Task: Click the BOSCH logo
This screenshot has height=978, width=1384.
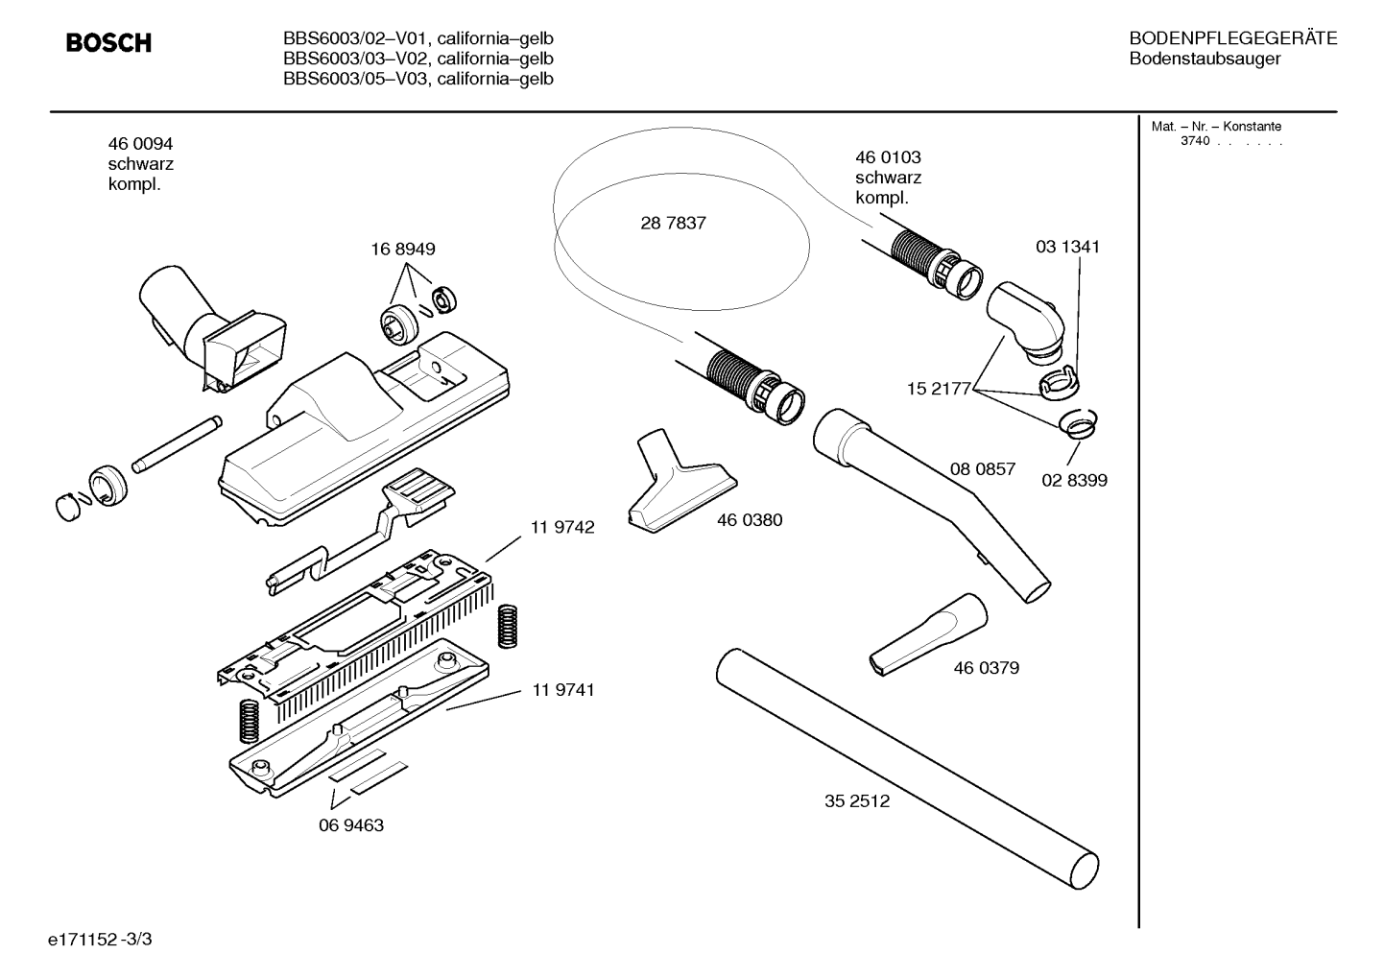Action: click(x=108, y=42)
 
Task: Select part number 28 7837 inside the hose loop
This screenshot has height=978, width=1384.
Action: click(x=673, y=223)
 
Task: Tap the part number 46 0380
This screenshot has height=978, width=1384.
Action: click(x=750, y=520)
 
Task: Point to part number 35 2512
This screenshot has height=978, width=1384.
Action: click(x=857, y=801)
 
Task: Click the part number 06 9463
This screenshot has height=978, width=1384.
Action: click(x=351, y=825)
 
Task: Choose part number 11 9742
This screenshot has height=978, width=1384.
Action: click(x=562, y=527)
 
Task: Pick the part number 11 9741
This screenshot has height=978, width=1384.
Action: click(x=562, y=689)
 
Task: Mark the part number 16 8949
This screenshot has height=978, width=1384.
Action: click(x=403, y=249)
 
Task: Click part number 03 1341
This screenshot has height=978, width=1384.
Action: click(x=1067, y=247)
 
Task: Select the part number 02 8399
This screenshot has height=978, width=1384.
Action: click(x=1074, y=480)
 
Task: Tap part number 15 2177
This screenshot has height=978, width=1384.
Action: click(x=939, y=389)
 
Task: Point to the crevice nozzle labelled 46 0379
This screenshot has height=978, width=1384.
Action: click(x=928, y=635)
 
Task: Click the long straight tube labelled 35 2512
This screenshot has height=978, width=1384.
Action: click(x=907, y=769)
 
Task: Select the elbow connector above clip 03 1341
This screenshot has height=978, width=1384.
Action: click(x=1027, y=322)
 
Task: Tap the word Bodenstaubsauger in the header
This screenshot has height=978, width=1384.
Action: click(x=1205, y=59)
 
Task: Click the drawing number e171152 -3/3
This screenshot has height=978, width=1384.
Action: click(x=100, y=940)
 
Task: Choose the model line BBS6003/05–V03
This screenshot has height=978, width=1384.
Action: click(x=355, y=79)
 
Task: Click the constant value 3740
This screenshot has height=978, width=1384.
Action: click(x=1195, y=141)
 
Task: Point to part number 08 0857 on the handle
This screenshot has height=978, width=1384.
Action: click(x=983, y=469)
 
